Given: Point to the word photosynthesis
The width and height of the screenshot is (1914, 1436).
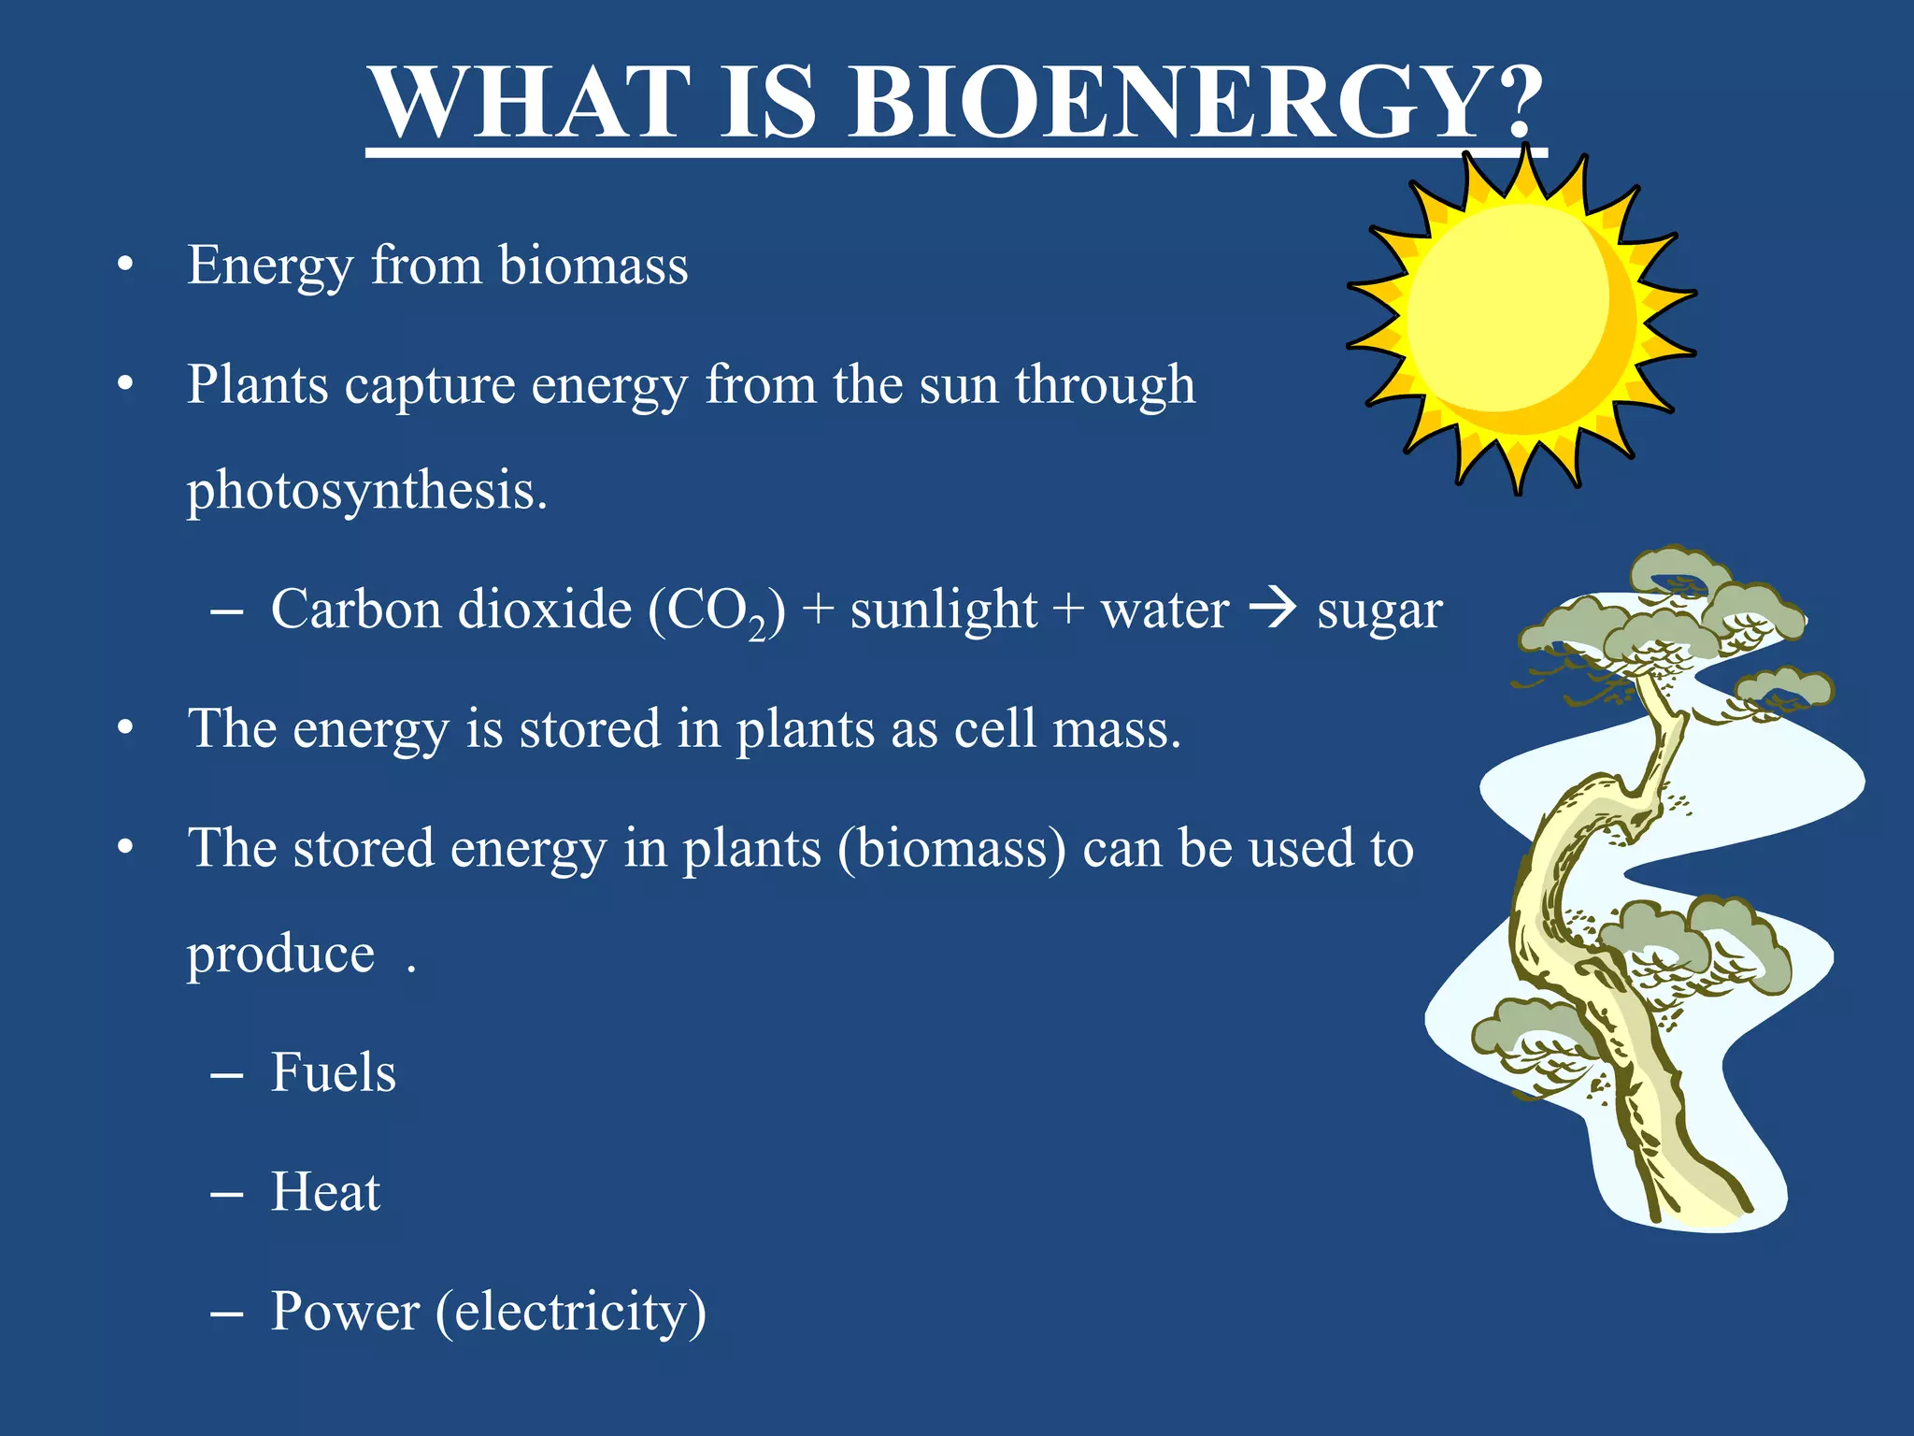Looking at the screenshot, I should pyautogui.click(x=366, y=490).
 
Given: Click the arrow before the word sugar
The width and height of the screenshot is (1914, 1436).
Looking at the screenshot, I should pyautogui.click(x=1273, y=609).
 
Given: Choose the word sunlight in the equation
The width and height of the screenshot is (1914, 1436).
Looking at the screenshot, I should pyautogui.click(x=943, y=610).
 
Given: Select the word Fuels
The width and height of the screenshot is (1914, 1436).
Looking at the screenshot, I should pyautogui.click(x=333, y=1071).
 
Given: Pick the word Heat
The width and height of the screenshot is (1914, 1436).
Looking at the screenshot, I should pyautogui.click(x=325, y=1192).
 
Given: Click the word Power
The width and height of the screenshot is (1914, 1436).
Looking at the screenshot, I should pyautogui.click(x=345, y=1312).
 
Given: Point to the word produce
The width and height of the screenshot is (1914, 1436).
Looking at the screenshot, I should pyautogui.click(x=280, y=955).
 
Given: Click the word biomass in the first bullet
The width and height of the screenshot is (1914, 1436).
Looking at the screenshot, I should pyautogui.click(x=593, y=265).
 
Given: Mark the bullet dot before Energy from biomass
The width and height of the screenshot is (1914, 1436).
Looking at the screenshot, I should pyautogui.click(x=125, y=266).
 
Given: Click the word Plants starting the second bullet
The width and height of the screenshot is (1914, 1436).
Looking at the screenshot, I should pyautogui.click(x=258, y=384).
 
